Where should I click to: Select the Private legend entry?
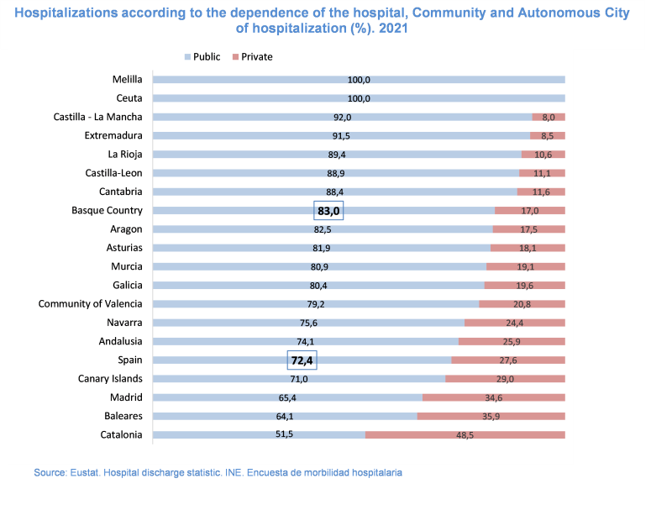[256, 57]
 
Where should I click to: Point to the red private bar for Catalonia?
[465, 435]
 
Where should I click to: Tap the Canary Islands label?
[110, 379]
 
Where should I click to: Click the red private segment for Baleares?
[491, 417]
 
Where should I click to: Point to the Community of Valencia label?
[90, 304]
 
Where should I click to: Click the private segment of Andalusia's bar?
[512, 342]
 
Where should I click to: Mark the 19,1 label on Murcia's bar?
[525, 267]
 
